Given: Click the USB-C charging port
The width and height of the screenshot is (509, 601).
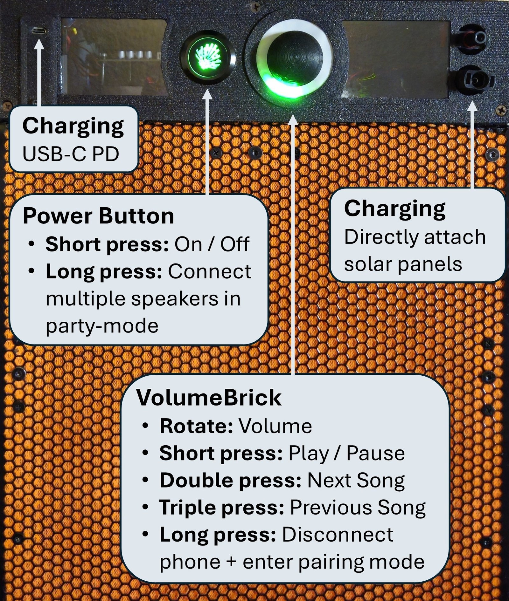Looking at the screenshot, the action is [x=39, y=31].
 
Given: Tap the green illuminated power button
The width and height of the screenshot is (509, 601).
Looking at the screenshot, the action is [x=208, y=58].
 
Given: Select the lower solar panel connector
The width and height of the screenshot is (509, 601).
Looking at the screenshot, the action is [x=475, y=80].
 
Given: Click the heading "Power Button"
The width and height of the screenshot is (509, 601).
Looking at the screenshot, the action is [x=98, y=216].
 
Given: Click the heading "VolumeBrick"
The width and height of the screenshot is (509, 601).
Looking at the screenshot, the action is [x=209, y=397].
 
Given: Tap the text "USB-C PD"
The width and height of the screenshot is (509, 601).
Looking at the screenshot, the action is [x=71, y=154].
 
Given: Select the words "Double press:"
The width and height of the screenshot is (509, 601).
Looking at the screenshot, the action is [x=230, y=480].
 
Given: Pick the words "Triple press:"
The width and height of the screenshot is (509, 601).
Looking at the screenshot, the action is [x=222, y=508].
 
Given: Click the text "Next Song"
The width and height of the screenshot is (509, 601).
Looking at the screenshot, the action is [x=356, y=481].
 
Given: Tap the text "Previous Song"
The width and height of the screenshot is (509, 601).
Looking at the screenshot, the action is [x=358, y=508].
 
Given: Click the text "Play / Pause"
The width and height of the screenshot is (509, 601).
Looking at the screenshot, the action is [x=346, y=453].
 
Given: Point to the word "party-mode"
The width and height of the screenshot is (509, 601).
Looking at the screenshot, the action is [x=102, y=326].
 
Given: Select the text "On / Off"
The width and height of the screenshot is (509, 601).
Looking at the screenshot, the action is [x=212, y=244].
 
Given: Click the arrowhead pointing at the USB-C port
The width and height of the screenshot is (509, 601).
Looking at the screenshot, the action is [x=39, y=44].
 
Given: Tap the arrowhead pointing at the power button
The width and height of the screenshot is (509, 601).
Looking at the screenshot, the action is [x=208, y=94].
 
